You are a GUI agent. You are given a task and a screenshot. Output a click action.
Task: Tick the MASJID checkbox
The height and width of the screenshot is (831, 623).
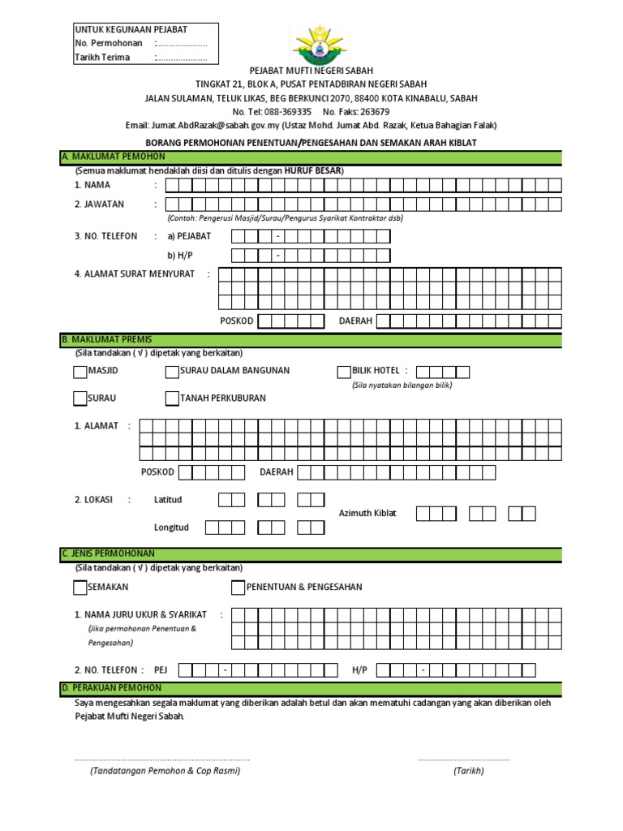[79, 372]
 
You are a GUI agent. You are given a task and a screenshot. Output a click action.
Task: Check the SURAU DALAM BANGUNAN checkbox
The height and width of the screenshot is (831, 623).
[172, 372]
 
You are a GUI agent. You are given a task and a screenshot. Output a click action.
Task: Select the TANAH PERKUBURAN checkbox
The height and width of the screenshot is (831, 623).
[172, 398]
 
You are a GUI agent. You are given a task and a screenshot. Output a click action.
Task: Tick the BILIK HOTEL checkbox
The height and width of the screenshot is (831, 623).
[343, 372]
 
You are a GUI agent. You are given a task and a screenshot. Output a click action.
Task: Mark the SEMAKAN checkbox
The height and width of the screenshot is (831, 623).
[79, 588]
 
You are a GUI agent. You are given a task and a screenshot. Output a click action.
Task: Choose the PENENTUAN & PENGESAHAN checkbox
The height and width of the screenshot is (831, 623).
[238, 588]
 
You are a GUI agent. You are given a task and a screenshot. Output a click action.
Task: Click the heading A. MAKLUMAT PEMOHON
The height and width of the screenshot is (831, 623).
[114, 157]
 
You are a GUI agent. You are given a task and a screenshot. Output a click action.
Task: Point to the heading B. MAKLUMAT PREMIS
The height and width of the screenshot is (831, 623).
[106, 339]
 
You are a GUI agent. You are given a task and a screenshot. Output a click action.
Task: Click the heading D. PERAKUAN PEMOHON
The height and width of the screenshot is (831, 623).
[111, 688]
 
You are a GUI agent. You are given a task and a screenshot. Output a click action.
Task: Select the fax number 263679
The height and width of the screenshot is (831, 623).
[373, 112]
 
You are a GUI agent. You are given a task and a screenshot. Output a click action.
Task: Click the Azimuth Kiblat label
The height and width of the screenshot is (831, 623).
[367, 514]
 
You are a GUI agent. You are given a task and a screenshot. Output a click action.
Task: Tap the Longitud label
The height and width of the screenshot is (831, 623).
[171, 527]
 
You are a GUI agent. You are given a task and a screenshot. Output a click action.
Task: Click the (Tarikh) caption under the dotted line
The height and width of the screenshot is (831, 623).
[469, 771]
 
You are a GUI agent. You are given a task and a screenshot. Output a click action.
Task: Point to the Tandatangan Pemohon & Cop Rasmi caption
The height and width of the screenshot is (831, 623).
[165, 771]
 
